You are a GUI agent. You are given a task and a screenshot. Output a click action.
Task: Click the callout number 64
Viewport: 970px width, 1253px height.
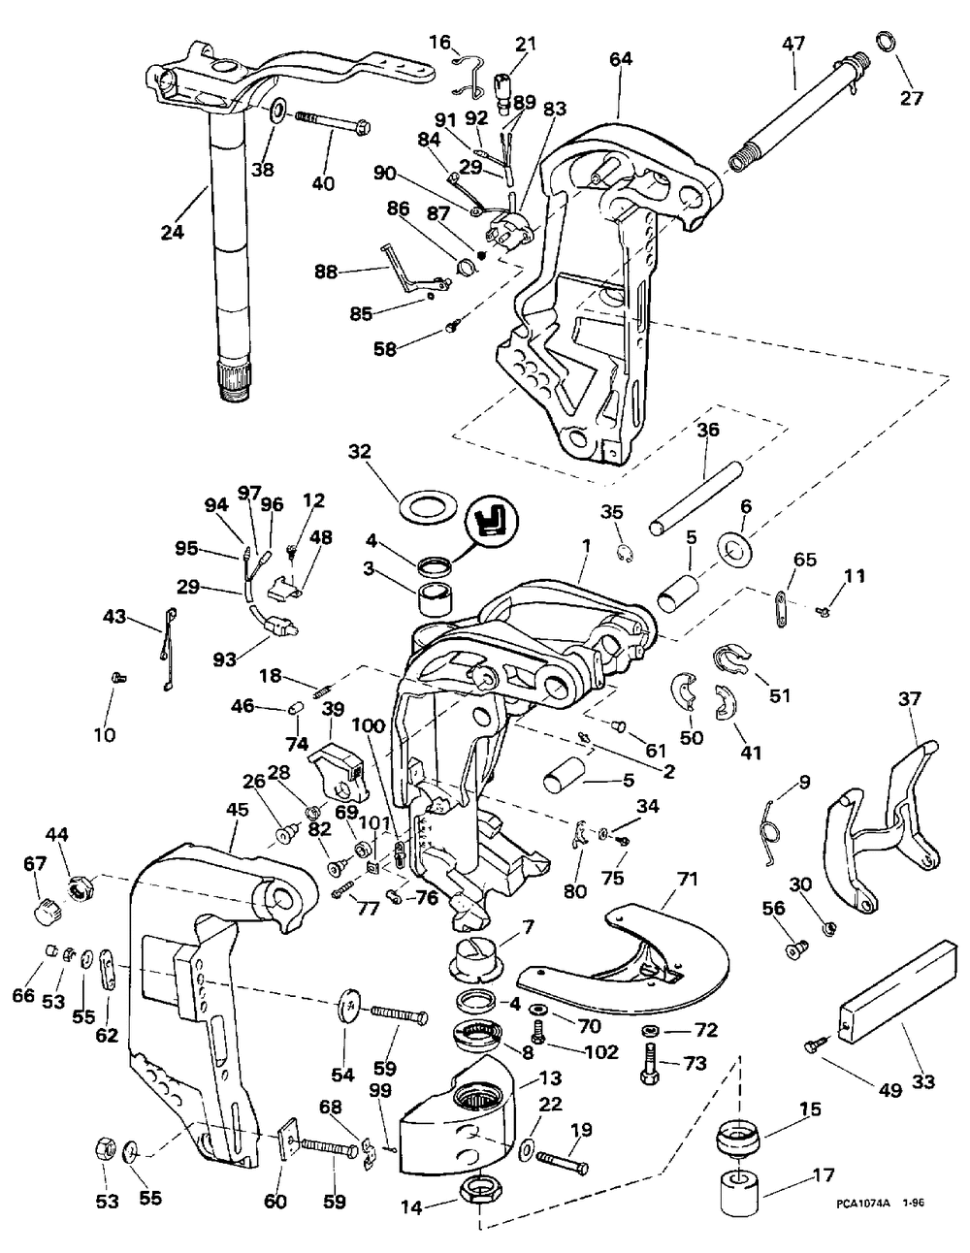coord(620,59)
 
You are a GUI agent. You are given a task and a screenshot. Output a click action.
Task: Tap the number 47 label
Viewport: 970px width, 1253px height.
coord(794,44)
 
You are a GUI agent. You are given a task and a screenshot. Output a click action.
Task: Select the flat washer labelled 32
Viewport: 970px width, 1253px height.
coord(429,508)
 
